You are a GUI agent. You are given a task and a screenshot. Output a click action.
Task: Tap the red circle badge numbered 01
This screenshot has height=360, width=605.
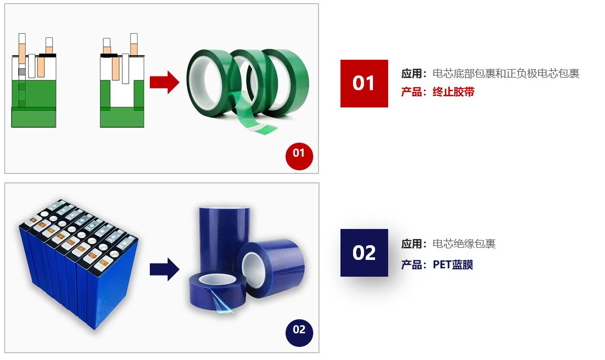(x=299, y=156)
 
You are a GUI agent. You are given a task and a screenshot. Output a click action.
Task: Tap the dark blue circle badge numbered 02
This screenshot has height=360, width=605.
(x=299, y=333)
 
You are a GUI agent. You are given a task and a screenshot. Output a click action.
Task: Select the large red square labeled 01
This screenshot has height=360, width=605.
(x=364, y=83)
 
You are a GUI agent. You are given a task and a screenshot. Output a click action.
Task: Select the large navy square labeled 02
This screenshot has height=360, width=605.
(x=364, y=253)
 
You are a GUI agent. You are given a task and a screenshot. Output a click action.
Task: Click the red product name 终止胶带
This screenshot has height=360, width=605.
(x=454, y=92)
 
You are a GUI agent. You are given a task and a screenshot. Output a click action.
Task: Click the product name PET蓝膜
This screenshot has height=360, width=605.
(x=453, y=265)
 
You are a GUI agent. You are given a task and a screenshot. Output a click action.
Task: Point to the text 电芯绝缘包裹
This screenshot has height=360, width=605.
(x=464, y=244)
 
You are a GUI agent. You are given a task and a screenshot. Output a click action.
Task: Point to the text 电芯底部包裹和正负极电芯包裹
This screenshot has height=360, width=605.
(x=506, y=73)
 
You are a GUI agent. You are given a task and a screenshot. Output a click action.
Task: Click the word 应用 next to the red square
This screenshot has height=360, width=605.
(x=411, y=73)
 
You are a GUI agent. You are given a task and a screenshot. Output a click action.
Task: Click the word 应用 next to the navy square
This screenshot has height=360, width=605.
(x=411, y=244)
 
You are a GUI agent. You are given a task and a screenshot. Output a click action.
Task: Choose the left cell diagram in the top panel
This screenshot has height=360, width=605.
(x=34, y=80)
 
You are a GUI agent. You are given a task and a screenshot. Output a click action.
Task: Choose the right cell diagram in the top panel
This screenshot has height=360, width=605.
(x=122, y=80)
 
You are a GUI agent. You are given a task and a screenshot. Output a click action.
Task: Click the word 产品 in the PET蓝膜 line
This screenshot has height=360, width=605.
(x=411, y=265)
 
